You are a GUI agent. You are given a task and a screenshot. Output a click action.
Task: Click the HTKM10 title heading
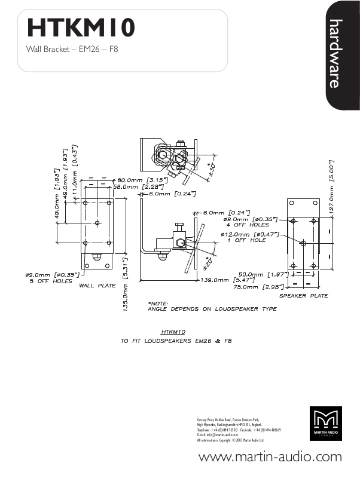coord(81,27)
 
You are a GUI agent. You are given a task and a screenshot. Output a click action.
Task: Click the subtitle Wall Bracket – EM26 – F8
coord(72,48)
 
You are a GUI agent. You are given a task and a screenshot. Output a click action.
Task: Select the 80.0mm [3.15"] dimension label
coord(142,179)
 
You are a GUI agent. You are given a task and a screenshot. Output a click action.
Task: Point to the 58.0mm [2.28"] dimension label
coord(140,186)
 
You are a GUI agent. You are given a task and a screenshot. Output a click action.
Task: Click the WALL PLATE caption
coord(97,286)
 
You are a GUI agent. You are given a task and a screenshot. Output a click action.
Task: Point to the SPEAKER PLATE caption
coord(304,296)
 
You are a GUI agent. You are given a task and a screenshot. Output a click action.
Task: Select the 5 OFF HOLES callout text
coord(51,281)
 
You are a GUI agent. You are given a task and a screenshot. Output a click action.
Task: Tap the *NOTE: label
coord(158,303)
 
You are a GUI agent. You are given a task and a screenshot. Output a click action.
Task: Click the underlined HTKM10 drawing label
coord(174,330)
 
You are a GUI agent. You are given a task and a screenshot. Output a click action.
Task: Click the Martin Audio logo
coord(326,424)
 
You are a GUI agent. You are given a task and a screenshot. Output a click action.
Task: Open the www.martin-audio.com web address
coord(270,458)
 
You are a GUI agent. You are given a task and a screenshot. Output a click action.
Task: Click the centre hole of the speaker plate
coord(303,243)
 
